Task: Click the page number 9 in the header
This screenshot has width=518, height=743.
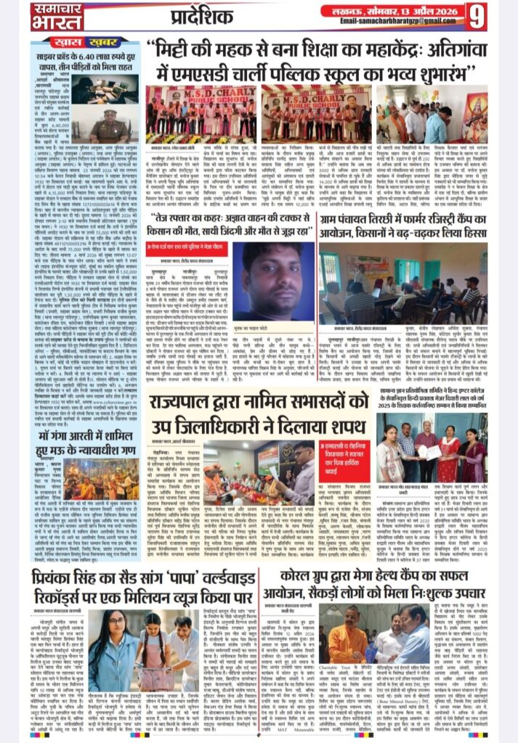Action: click(498, 15)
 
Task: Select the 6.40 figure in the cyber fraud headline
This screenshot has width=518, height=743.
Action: click(97, 55)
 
